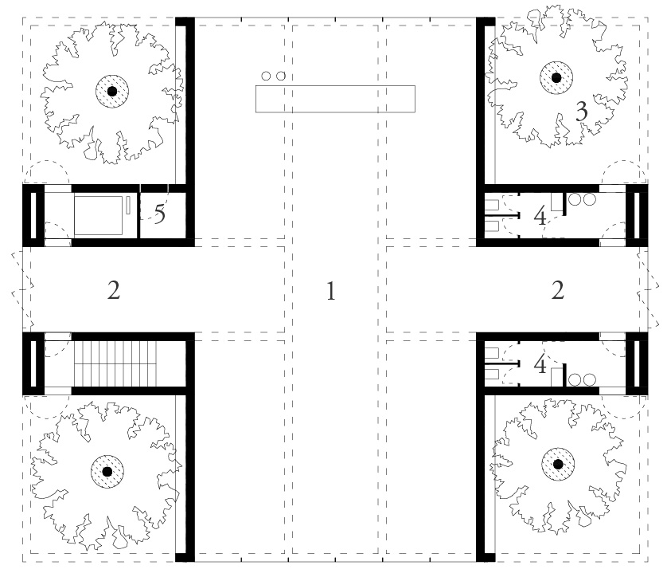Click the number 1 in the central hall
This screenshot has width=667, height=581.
(331, 292)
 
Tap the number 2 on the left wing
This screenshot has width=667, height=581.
(114, 290)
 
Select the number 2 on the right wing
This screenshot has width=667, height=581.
(558, 290)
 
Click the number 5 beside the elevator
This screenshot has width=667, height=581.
(159, 214)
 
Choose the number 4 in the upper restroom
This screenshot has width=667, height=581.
(540, 216)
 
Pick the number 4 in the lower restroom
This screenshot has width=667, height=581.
(540, 365)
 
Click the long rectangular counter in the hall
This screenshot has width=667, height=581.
(335, 99)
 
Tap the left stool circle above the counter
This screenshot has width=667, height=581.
(266, 76)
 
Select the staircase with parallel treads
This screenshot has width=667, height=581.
(115, 363)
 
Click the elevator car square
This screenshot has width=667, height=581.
(98, 215)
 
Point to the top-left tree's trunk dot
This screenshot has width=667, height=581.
(112, 91)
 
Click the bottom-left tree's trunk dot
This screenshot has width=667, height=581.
(107, 472)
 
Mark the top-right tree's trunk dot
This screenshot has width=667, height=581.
(556, 77)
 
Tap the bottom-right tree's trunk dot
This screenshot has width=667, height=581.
(558, 465)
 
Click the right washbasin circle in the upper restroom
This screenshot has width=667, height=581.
(590, 199)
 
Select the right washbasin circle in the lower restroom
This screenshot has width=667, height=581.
(590, 379)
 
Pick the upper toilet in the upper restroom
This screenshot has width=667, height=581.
(492, 206)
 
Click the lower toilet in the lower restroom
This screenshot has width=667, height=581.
(492, 375)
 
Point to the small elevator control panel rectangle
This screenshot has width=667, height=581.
(128, 206)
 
